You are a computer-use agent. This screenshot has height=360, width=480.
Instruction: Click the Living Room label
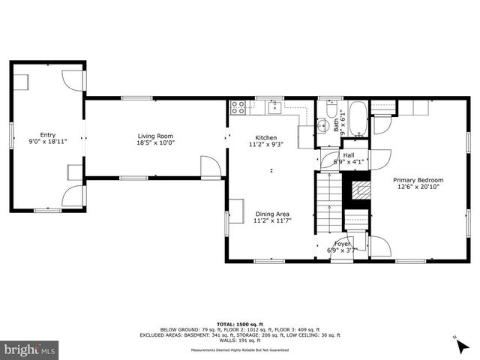point(155,136)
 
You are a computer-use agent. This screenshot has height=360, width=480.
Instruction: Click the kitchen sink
point(274,107)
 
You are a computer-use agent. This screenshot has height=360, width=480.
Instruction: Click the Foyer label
point(342,244)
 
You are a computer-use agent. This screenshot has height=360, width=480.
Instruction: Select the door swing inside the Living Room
point(210,165)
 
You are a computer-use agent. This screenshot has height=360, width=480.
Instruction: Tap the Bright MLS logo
point(30,349)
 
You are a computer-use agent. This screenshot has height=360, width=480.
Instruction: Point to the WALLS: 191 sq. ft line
point(239,341)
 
